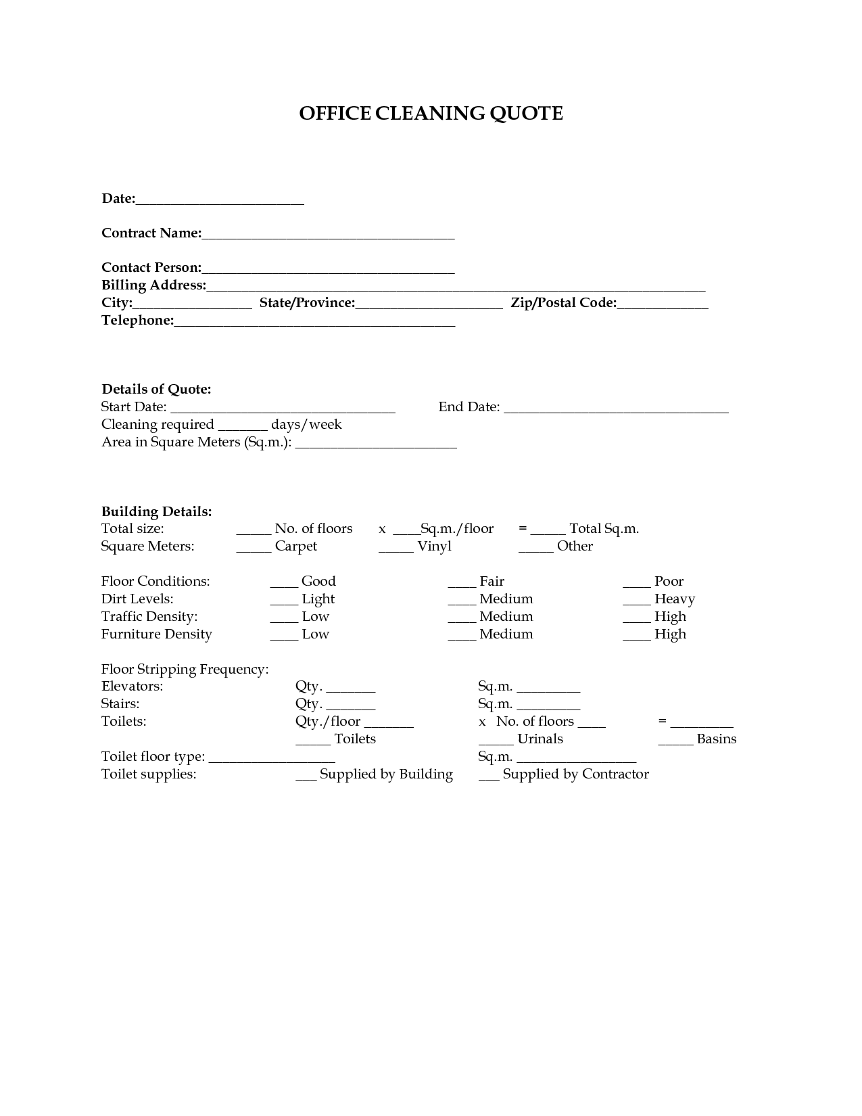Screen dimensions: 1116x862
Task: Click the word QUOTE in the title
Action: pos(526,114)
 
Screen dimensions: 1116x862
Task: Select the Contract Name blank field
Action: pos(328,235)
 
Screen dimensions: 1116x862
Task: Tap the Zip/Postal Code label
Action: pos(563,303)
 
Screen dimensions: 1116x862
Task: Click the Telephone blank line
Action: pos(314,322)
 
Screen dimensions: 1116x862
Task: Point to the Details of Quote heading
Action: pos(156,389)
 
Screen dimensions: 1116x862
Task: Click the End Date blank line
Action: pos(616,409)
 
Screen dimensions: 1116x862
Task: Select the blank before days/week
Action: pos(243,426)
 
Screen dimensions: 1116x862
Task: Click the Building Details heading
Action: pos(156,511)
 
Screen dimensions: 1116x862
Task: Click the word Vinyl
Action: pos(434,547)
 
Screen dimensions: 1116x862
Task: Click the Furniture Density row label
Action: pos(156,634)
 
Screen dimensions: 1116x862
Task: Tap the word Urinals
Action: pos(540,739)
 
